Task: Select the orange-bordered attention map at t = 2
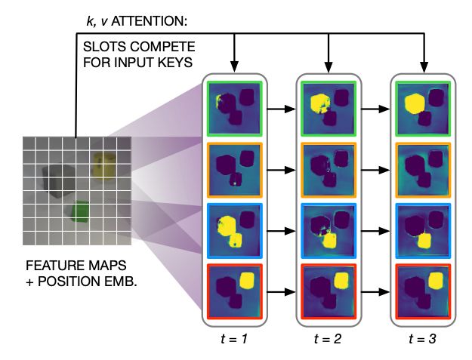(x=328, y=168)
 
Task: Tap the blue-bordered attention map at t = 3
(x=420, y=229)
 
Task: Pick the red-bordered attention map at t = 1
(x=234, y=288)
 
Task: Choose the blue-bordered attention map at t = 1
(x=234, y=229)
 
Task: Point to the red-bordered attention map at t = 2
(x=328, y=288)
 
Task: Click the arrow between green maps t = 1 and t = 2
(x=281, y=109)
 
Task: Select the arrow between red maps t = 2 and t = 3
(x=374, y=288)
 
